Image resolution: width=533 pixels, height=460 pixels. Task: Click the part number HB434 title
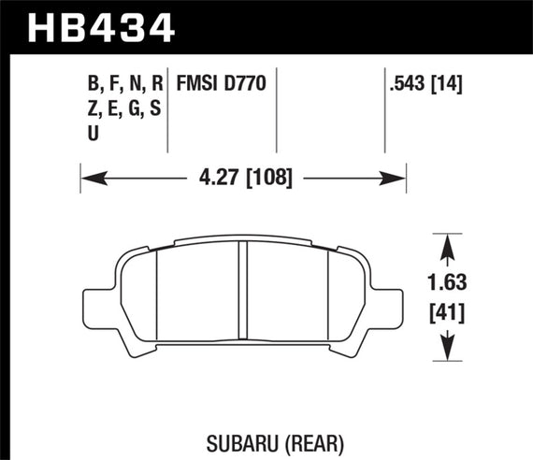(103, 26)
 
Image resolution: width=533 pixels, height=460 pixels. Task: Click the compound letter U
(92, 134)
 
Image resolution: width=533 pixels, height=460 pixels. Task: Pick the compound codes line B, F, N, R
(125, 85)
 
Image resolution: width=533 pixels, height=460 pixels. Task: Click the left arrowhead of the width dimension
(89, 173)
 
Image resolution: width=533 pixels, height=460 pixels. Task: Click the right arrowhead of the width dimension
(398, 173)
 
